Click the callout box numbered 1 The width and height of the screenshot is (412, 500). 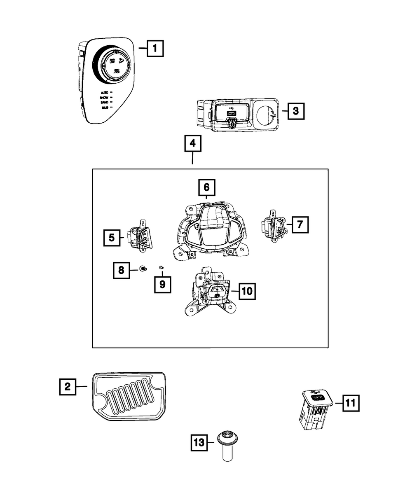(154, 49)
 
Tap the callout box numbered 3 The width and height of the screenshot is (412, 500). (296, 111)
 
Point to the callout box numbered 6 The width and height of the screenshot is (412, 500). (206, 188)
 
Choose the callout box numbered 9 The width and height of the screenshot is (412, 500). (162, 284)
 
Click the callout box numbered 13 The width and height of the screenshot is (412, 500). (199, 443)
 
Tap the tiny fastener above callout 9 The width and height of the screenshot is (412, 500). (162, 268)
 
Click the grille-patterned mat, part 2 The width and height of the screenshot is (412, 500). (129, 397)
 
